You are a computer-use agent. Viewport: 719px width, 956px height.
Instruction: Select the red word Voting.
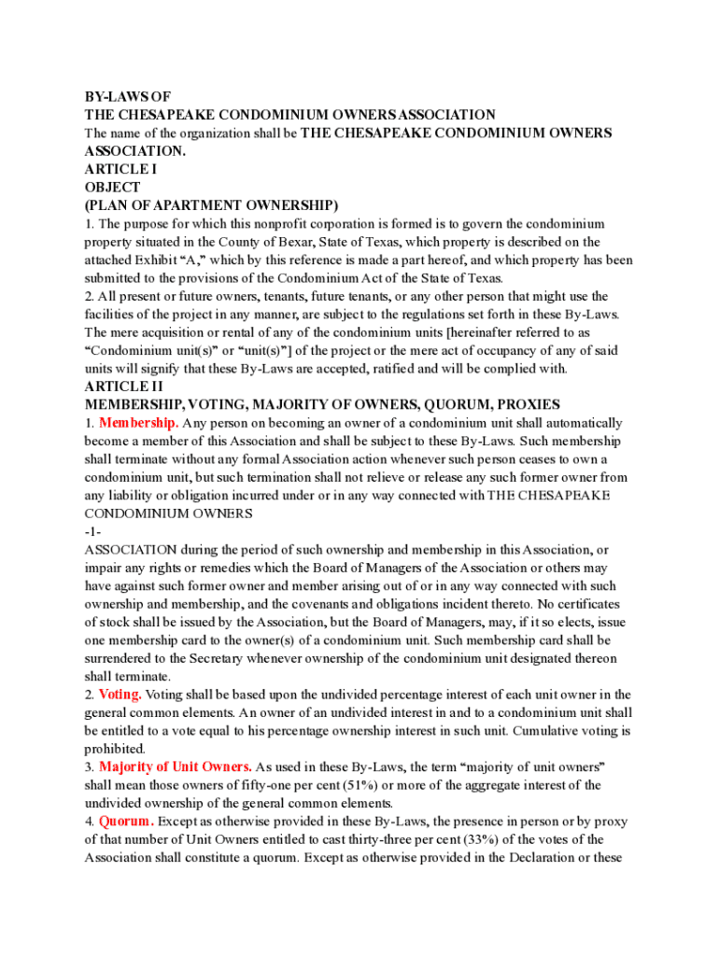point(120,695)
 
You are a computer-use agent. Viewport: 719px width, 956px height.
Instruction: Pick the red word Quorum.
point(126,822)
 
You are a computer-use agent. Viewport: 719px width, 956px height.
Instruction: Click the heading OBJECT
point(112,187)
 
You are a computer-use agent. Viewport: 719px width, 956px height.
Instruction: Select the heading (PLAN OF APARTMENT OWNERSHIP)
point(211,205)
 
